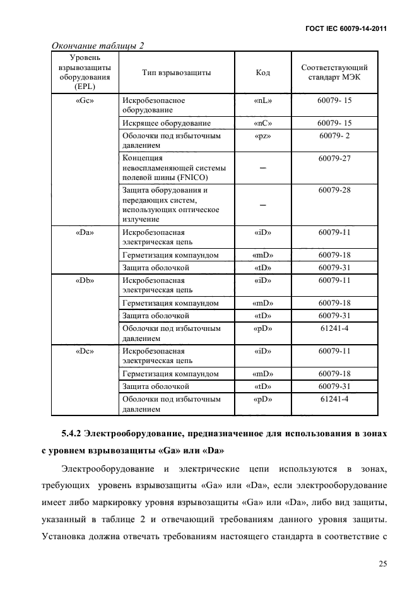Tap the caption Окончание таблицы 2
pos(98,45)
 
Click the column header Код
pos(262,73)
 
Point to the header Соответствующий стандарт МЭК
pos(334,73)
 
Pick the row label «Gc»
pos(85,100)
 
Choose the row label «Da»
pos(85,232)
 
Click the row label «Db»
pos(85,280)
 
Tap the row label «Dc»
pos(85,350)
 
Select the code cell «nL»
pos(262,100)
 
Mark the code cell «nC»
pos(262,123)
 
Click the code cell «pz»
pos(262,135)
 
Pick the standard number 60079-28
pos(334,189)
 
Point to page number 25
pos(382,563)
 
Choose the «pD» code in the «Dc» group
pos(262,398)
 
